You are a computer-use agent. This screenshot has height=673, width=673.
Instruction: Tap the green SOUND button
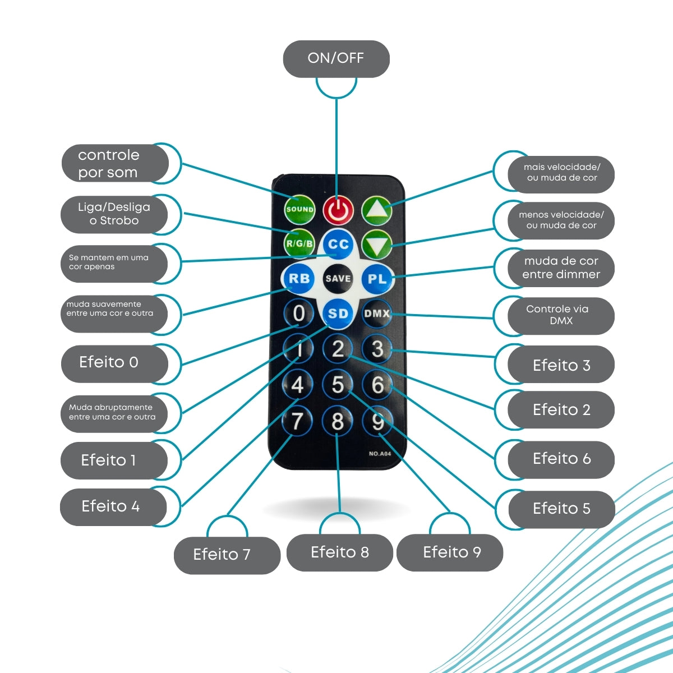coord(299,209)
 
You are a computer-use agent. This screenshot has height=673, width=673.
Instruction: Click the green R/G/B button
coord(299,243)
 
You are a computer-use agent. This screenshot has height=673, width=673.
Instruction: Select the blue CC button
coord(338,244)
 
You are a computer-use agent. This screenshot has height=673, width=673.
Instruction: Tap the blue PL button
coord(377,279)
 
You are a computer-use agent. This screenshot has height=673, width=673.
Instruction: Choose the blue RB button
coord(298,279)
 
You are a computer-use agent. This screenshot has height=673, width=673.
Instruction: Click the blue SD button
coord(338,314)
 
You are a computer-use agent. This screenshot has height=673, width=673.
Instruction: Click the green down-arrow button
coord(376,245)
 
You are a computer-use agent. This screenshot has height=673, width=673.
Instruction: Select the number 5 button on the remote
coord(338,385)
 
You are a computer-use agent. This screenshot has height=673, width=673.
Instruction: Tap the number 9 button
coord(377,421)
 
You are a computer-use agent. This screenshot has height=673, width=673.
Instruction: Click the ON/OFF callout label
coord(336,58)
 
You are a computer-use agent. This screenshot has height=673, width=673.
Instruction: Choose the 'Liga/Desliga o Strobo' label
coord(114,214)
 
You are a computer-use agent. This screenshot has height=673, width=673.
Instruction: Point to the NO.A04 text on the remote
coord(380,454)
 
